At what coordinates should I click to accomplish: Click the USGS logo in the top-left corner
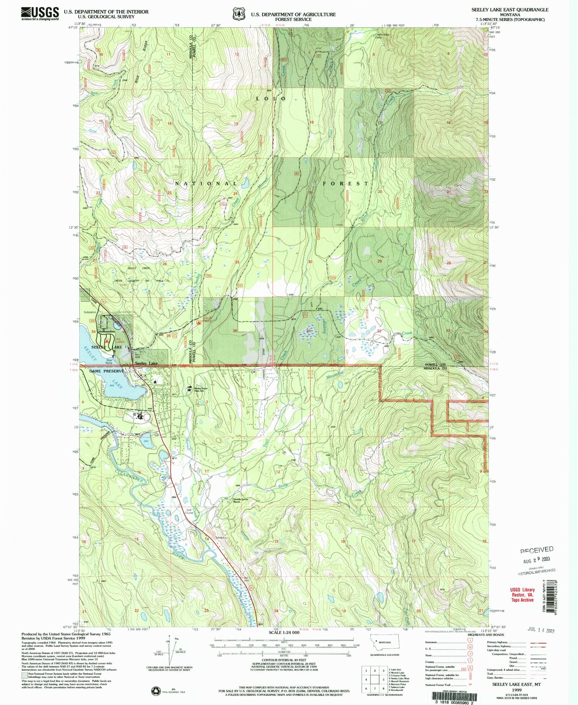[40, 14]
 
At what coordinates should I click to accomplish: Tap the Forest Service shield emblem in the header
[237, 14]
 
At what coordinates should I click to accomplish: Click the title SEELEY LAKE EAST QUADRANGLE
[510, 10]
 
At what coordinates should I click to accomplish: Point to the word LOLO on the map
[271, 99]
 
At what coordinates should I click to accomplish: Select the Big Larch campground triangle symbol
[107, 340]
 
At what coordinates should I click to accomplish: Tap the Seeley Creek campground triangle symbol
[198, 322]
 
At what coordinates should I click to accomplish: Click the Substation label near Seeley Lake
[90, 312]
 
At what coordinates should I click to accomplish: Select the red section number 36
[235, 331]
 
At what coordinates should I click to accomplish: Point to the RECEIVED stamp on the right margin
[536, 550]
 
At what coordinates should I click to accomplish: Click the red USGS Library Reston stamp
[522, 595]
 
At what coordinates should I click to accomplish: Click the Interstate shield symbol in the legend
[470, 642]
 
